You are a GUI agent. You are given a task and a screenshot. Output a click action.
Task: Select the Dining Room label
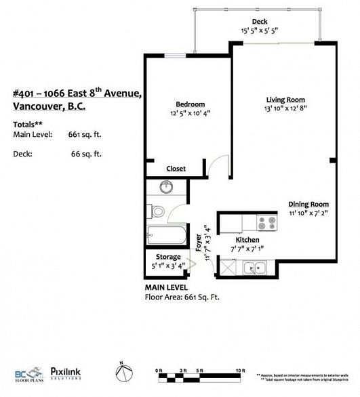[308, 204]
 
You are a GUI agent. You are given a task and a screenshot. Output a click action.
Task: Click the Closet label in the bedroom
[176, 169]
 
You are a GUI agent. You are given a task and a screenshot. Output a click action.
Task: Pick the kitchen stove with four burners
[265, 221]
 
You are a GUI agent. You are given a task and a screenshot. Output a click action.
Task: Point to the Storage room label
[168, 257]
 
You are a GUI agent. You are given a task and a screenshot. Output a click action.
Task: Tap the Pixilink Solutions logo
[68, 374]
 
